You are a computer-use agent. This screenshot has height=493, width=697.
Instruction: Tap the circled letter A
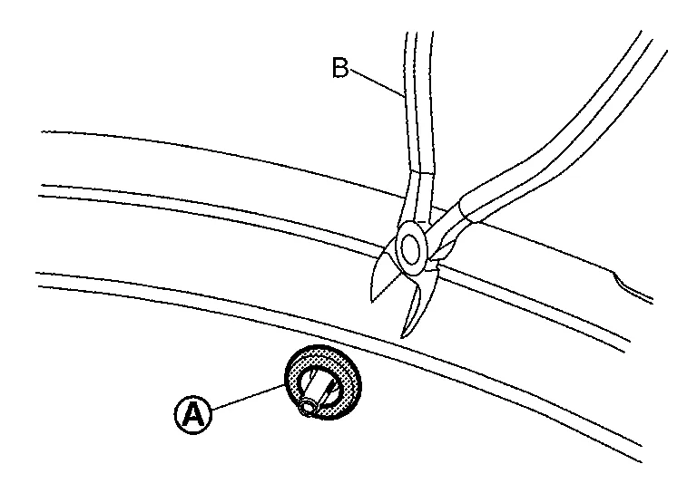pyautogui.click(x=193, y=414)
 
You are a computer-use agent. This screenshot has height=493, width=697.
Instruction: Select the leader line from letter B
pyautogui.click(x=376, y=81)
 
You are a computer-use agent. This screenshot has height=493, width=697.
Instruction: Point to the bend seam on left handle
pyautogui.click(x=421, y=171)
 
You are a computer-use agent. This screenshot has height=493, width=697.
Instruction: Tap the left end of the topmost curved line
pyautogui.click(x=44, y=132)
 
